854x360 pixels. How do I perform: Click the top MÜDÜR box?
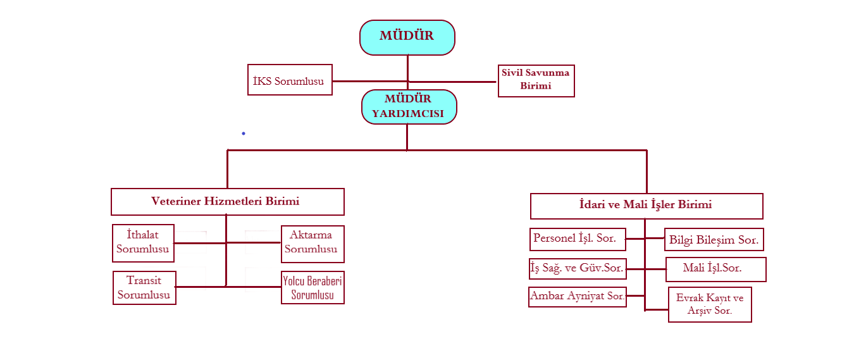pyautogui.click(x=407, y=37)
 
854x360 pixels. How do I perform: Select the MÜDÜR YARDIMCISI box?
pyautogui.click(x=409, y=106)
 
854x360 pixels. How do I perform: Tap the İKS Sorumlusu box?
pyautogui.click(x=289, y=80)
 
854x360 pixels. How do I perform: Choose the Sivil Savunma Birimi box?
pyautogui.click(x=536, y=80)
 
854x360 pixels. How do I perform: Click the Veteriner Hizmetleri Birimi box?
pyautogui.click(x=227, y=202)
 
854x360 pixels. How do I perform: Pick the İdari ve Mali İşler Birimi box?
pyautogui.click(x=646, y=206)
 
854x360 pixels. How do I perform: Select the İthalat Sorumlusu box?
pyautogui.click(x=143, y=243)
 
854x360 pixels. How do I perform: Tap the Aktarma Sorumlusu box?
pyautogui.click(x=313, y=244)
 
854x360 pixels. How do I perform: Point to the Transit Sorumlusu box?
pyautogui.click(x=144, y=288)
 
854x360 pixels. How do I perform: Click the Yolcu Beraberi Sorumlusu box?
pyautogui.click(x=313, y=288)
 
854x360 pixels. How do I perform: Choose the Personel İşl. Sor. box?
pyautogui.click(x=578, y=239)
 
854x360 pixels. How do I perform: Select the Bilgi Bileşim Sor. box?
pyautogui.click(x=714, y=240)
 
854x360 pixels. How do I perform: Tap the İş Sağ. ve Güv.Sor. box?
pyautogui.click(x=577, y=268)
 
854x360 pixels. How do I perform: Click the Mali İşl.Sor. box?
pyautogui.click(x=715, y=269)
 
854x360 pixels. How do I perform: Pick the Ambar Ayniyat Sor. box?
pyautogui.click(x=577, y=296)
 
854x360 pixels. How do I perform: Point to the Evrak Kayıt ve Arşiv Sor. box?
pyautogui.click(x=710, y=304)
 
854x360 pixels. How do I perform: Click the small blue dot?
pyautogui.click(x=243, y=133)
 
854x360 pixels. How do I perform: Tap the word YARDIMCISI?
pyautogui.click(x=408, y=114)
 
